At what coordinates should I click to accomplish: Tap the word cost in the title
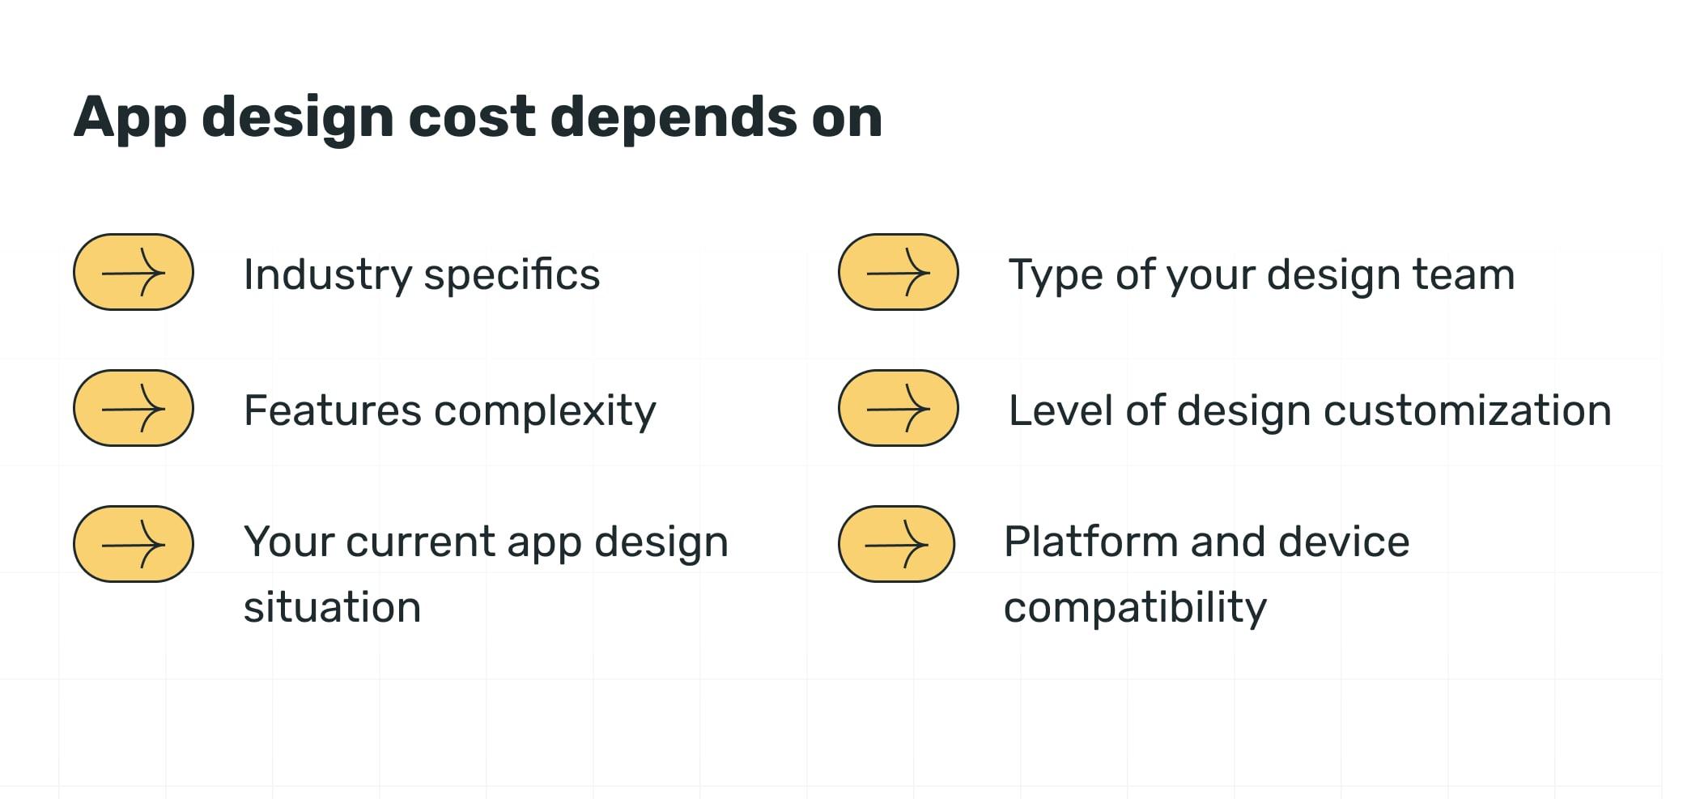pos(471,117)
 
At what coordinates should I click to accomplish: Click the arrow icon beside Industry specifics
pos(134,272)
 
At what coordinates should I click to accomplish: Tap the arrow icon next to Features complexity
pos(134,408)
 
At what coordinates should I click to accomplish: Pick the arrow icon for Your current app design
pos(134,544)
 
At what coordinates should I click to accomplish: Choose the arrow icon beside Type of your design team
pos(898,272)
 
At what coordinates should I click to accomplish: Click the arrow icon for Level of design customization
pos(898,408)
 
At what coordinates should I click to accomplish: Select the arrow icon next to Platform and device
pos(896,544)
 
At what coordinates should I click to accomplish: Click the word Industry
pos(328,275)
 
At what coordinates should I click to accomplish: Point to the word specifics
pos(512,275)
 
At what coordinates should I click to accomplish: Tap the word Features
pos(333,410)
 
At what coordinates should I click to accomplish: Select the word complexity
pos(545,412)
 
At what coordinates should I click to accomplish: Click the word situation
pos(333,607)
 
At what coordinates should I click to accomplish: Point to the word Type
pos(1056,276)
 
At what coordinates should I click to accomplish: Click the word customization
pos(1468,410)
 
